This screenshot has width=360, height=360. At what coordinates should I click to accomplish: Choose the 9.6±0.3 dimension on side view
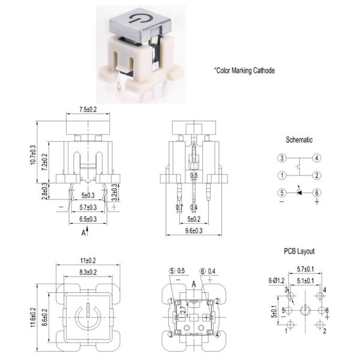coord(193,230)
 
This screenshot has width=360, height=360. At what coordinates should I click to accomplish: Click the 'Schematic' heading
coord(298,140)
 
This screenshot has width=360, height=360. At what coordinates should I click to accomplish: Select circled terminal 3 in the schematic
coord(281,158)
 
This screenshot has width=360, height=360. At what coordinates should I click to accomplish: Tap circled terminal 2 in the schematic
coord(317,176)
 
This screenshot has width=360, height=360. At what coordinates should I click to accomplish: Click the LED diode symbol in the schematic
coord(299,193)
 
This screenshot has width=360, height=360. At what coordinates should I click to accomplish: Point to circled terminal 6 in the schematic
coord(317,193)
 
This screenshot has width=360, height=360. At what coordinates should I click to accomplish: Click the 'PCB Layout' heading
coord(299,251)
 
